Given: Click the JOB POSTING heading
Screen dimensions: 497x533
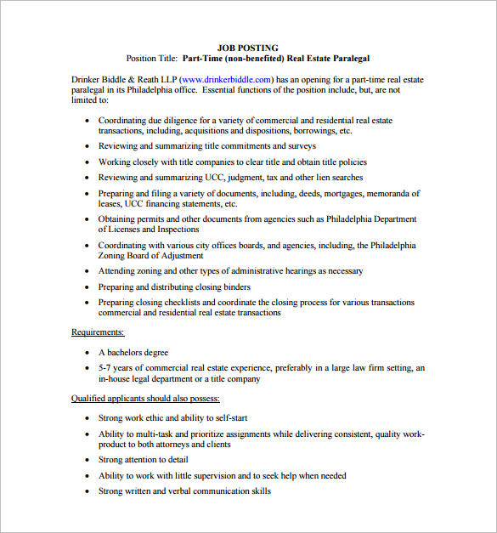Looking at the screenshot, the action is (248, 48).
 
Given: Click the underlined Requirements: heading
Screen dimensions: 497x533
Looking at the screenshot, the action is (98, 332).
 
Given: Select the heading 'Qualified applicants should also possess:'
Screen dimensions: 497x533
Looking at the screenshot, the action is (145, 398).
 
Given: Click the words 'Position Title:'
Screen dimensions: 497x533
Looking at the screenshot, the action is (152, 59).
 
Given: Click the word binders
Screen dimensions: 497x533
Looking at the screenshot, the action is (234, 286).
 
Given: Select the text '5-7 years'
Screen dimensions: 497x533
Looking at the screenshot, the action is (116, 368).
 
